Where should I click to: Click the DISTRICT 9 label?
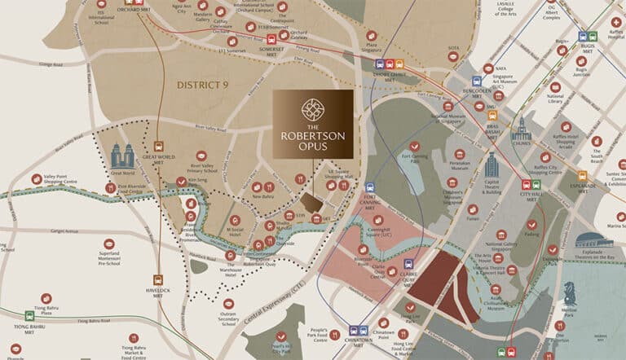click(x=204, y=85)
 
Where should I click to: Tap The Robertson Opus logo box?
click(x=313, y=124)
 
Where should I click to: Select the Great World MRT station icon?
click(x=158, y=147)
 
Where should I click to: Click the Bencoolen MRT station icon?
click(x=477, y=81)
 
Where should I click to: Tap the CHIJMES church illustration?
click(x=522, y=130)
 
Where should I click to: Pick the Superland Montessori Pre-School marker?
click(x=109, y=244)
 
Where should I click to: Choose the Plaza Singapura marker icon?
click(x=372, y=36)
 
